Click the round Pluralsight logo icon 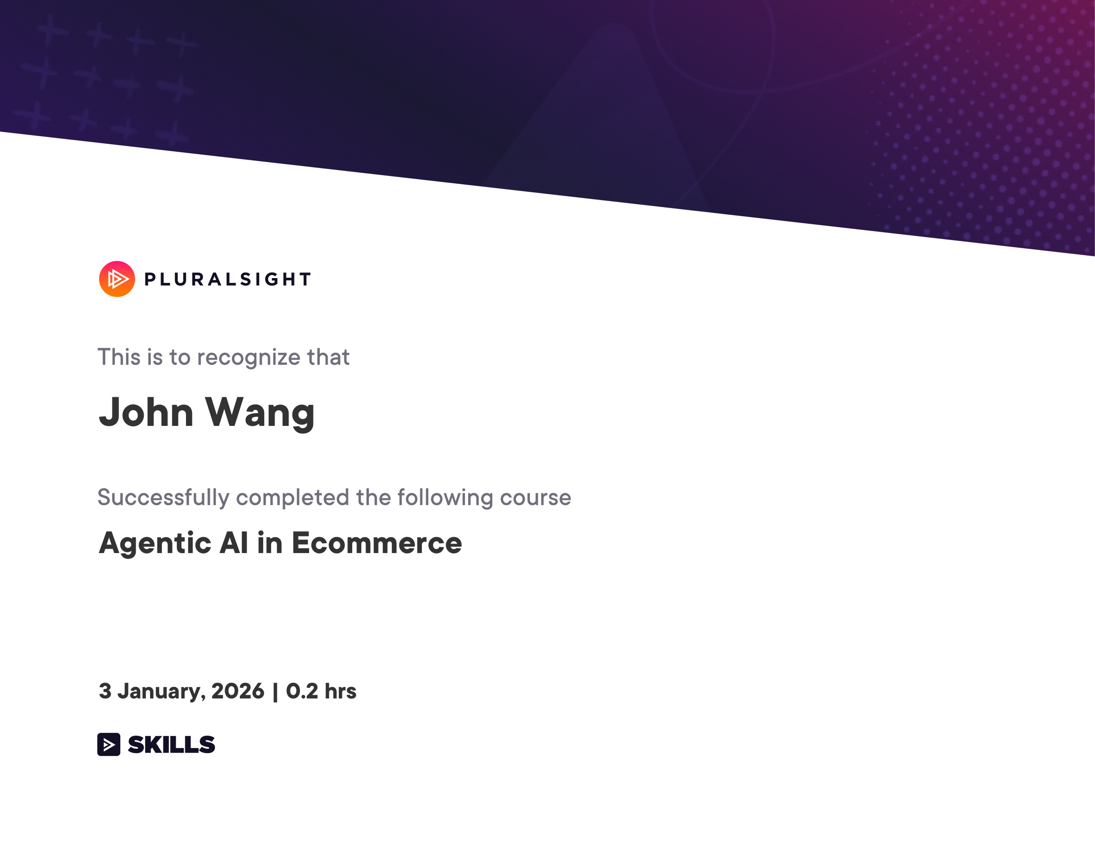click(x=117, y=279)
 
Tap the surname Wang click(x=260, y=413)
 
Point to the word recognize click(x=249, y=358)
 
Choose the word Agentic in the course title click(x=155, y=543)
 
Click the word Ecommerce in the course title click(x=377, y=543)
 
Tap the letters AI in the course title click(x=234, y=543)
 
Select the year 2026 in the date click(x=238, y=691)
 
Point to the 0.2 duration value click(x=302, y=691)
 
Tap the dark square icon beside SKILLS click(x=109, y=744)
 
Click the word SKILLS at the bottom click(x=172, y=744)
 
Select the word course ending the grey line click(x=535, y=498)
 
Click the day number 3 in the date click(x=105, y=691)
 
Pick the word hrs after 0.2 click(x=341, y=691)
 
